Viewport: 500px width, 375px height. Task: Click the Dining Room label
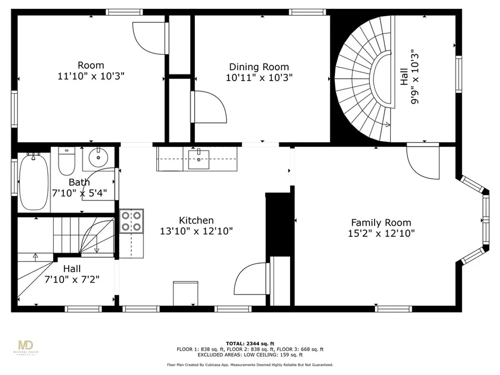259,67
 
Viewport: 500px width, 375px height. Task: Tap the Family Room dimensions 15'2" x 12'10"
381,233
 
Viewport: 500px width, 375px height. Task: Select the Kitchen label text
196,220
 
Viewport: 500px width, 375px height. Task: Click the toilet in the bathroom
66,161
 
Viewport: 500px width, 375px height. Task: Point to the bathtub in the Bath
34,181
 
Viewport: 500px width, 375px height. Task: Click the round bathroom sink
98,157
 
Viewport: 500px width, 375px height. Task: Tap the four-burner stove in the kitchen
131,221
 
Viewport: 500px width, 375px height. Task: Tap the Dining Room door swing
213,105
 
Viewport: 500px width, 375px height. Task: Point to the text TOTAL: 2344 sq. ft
250,343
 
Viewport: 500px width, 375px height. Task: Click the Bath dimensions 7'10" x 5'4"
79,194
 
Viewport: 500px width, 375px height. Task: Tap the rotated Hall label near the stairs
404,77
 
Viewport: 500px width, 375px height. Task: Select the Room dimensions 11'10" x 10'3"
91,76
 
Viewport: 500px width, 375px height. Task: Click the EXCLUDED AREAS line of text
250,355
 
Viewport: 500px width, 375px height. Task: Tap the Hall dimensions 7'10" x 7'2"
72,280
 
